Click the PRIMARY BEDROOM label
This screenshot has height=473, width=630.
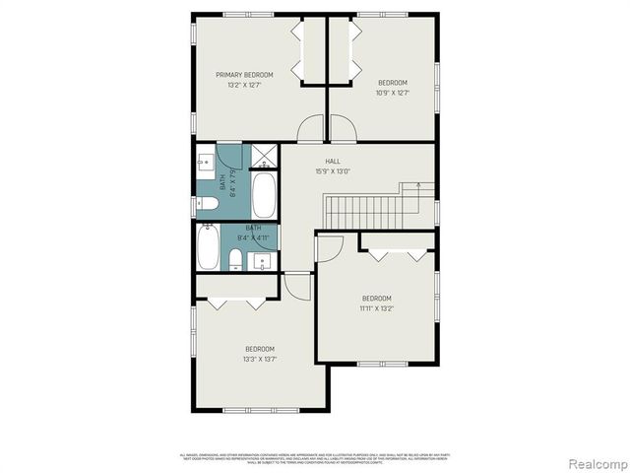[245, 74]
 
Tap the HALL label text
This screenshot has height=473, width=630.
[333, 161]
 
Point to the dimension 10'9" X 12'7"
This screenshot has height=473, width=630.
[392, 94]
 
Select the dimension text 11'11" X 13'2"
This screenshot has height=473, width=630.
[376, 308]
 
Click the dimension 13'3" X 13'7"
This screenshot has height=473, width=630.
[260, 359]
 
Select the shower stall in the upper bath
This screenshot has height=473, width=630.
[264, 157]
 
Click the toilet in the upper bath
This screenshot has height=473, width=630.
[207, 205]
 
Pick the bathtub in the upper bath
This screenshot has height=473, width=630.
[264, 196]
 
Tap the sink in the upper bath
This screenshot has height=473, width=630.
[206, 163]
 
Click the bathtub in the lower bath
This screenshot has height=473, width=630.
[209, 248]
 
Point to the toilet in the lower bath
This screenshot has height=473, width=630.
[235, 259]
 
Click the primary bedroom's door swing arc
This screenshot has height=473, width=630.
[310, 129]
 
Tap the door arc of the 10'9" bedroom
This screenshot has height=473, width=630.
[342, 129]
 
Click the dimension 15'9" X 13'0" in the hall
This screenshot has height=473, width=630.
[333, 171]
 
